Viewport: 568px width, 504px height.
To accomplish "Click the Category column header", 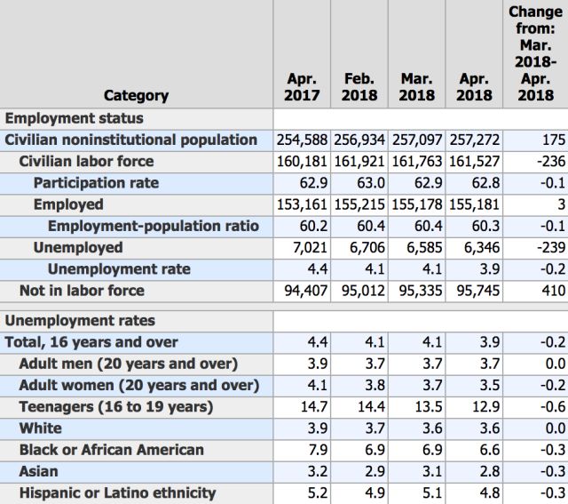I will (x=136, y=95).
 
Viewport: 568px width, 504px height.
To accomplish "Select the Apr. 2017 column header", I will (x=302, y=86).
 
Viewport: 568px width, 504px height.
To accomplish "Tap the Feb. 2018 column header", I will (x=359, y=86).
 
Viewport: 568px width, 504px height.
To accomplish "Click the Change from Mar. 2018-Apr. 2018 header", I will (x=535, y=53).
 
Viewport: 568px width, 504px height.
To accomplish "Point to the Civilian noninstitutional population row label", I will (x=131, y=140).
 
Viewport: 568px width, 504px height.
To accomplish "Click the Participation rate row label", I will (x=97, y=183).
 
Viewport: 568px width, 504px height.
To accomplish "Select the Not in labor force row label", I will (x=82, y=291).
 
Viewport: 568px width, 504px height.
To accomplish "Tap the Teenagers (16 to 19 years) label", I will (x=116, y=407).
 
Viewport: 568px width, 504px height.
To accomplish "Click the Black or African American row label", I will (x=112, y=450).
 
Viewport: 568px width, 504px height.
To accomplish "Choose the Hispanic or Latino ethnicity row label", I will (x=117, y=492).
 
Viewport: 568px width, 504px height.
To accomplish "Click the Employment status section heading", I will (x=75, y=118).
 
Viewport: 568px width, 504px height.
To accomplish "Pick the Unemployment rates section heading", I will (x=81, y=321).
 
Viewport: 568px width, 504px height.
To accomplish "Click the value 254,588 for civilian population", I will (x=303, y=140).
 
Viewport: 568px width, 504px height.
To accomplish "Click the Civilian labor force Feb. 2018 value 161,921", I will (x=360, y=162).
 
